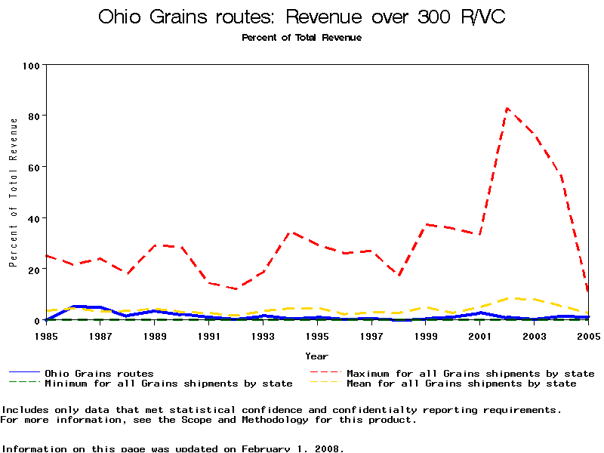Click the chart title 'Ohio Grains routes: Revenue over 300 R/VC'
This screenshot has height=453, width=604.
pos(301,17)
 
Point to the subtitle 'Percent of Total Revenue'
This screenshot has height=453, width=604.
pos(301,38)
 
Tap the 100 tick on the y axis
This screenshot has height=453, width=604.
pos(31,65)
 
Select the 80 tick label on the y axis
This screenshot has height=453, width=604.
pos(34,116)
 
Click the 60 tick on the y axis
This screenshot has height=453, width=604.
pos(34,167)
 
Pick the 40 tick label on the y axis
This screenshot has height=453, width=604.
pos(34,218)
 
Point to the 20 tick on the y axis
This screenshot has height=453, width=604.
pos(34,270)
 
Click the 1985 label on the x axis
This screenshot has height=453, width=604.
pos(47,334)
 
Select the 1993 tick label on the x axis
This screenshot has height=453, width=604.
pos(263,334)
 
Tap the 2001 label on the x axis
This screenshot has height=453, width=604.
pos(479,334)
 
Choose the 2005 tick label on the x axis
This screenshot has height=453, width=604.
pos(587,334)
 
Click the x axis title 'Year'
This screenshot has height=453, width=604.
pos(316,356)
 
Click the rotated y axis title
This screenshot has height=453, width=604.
pos(13,192)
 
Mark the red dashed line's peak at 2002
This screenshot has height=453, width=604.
pos(507,108)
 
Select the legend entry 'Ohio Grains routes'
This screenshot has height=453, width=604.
pos(99,374)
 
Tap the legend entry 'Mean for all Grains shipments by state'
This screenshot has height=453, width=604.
pos(461,384)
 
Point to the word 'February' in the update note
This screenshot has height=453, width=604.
pos(265,448)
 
